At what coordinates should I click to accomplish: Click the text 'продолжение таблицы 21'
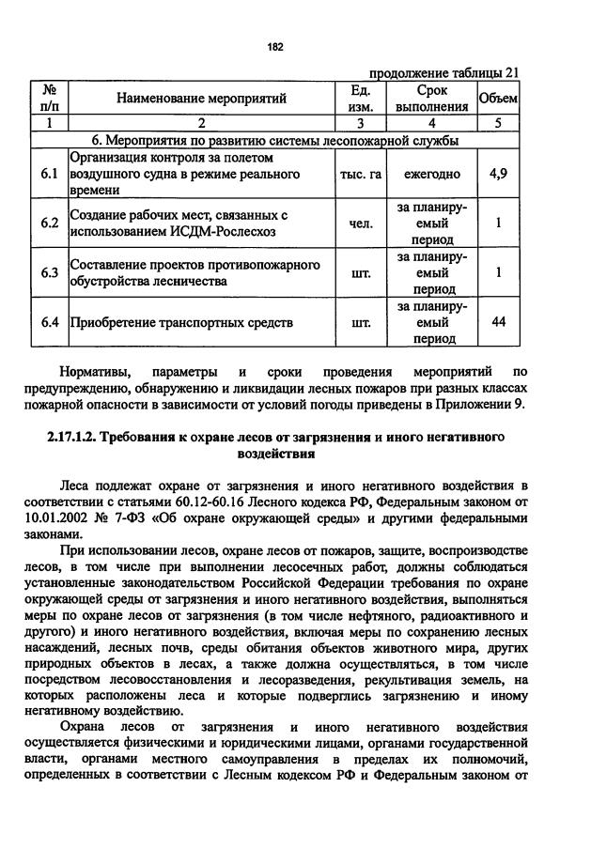coord(443,74)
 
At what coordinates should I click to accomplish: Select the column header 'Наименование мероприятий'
coord(201,98)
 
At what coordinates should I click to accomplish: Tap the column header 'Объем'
coord(498,98)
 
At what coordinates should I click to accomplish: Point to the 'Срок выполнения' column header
coord(431,98)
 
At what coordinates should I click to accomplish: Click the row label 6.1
coord(50,175)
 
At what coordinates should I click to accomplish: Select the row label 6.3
coord(50,272)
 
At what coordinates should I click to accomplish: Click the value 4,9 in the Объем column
coord(498,175)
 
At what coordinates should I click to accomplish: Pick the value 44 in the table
coord(498,322)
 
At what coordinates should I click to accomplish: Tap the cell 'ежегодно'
coord(431,175)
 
